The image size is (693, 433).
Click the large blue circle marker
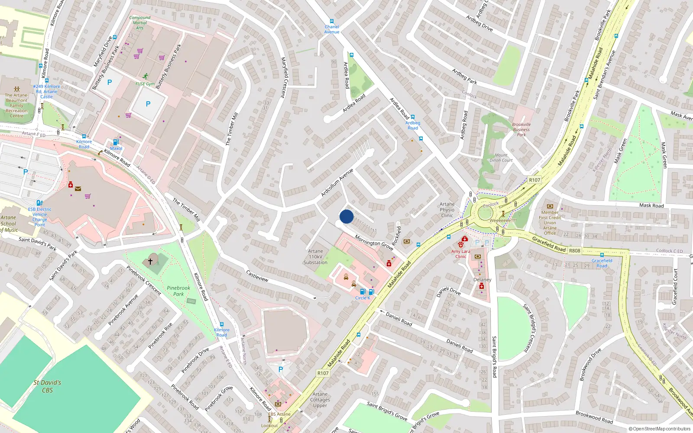point(346,216)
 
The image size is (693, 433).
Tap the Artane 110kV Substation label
point(315,257)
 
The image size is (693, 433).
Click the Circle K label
point(363,298)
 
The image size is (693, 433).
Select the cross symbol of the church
point(150,262)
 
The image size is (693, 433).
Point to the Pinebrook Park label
point(178,291)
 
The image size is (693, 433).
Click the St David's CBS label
point(47,386)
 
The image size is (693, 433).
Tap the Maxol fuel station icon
point(116,142)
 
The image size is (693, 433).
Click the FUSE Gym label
point(145,84)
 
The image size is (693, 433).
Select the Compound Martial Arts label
point(140,23)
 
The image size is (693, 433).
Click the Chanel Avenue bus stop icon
point(332,21)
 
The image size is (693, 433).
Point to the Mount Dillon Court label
point(501,158)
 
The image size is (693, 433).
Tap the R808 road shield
point(575,251)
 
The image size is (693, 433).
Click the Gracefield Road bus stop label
point(602,263)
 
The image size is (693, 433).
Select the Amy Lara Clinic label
point(460,254)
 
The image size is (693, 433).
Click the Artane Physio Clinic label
point(447,210)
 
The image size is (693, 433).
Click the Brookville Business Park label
point(521,129)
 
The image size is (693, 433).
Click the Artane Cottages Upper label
point(320,400)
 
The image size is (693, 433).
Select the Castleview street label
point(257,276)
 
